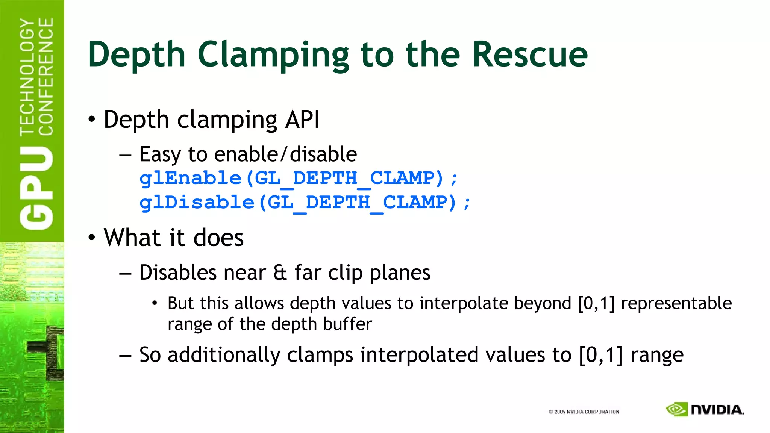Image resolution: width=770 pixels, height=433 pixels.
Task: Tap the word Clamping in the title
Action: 273,55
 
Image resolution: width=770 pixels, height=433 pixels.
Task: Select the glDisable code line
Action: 305,203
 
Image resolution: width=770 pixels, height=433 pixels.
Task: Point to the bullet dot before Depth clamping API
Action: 92,120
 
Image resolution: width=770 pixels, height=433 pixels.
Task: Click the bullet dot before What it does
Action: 92,238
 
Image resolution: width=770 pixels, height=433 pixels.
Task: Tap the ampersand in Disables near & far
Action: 280,273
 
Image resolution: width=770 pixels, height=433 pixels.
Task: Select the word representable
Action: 676,303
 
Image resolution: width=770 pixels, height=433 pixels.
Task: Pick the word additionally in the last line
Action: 224,355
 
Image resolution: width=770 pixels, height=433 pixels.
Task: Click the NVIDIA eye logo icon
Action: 676,409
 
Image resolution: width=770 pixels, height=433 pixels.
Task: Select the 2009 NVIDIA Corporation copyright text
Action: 584,412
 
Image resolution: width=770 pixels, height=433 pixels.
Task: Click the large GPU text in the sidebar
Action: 37,188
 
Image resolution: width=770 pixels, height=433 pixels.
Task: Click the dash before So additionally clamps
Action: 125,356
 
